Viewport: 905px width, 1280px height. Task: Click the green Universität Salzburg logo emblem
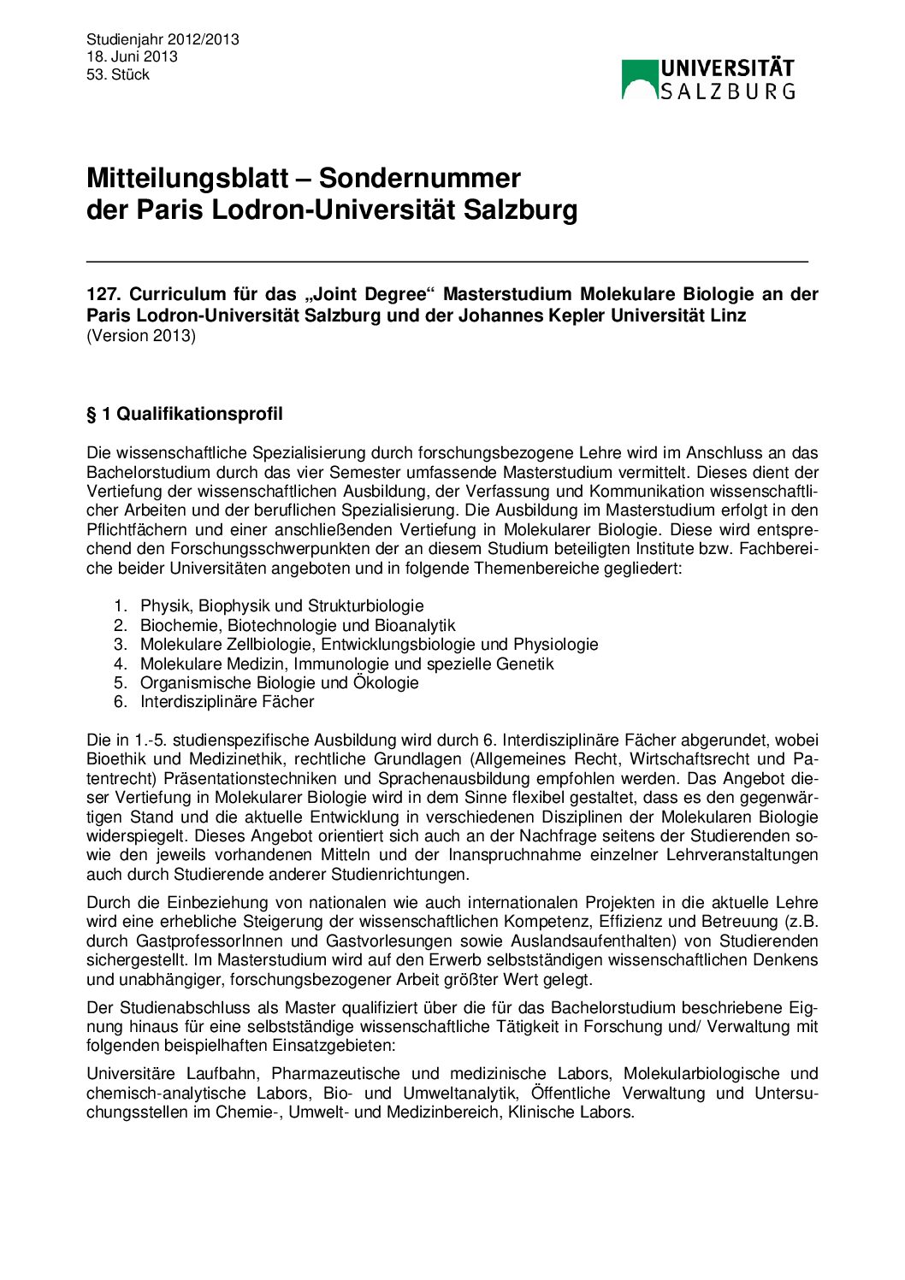coord(640,80)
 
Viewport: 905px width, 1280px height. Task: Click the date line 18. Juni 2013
coord(132,56)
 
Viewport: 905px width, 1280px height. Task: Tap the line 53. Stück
coord(118,74)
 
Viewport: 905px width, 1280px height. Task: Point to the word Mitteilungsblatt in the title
coord(187,178)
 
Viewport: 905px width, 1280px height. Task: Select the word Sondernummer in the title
coord(420,178)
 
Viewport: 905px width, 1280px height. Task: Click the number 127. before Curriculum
coord(104,294)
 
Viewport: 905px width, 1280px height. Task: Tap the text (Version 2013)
coord(141,335)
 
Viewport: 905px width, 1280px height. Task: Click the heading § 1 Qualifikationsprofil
coord(185,414)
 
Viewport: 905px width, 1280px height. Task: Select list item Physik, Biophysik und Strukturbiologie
coord(282,606)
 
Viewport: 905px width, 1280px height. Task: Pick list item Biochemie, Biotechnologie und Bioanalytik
coord(298,625)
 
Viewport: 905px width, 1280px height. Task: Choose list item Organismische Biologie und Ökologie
coord(280,682)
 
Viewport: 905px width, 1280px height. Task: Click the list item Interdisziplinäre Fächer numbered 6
coord(228,702)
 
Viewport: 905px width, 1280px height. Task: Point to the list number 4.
coord(120,664)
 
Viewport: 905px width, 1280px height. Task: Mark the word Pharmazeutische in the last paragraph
coord(335,1073)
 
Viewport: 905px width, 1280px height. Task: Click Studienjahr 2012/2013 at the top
coord(163,39)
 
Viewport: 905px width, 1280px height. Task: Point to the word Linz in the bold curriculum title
coord(728,316)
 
